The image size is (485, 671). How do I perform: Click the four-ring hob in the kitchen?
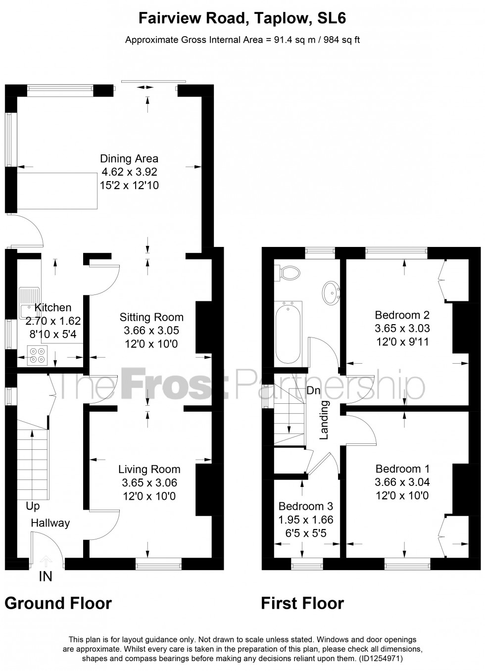[37, 356]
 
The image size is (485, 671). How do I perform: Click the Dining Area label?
[129, 159]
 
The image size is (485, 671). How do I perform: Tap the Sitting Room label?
[151, 317]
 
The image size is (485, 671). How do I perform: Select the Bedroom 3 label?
[305, 506]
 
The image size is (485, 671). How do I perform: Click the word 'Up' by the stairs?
[33, 506]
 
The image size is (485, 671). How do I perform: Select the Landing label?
[324, 420]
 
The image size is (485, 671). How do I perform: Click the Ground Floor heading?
[58, 603]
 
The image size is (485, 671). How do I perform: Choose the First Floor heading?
[302, 603]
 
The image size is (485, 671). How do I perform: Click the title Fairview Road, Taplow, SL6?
[242, 19]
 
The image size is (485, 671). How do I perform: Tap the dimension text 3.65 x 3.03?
[402, 328]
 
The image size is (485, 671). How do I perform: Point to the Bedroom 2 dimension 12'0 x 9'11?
[402, 340]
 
